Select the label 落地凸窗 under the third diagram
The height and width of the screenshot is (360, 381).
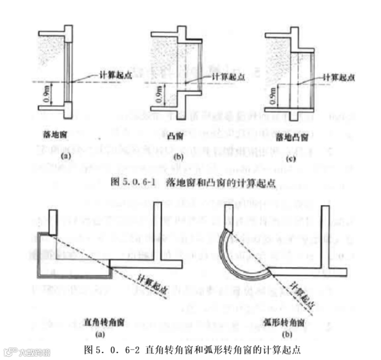click(292, 139)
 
